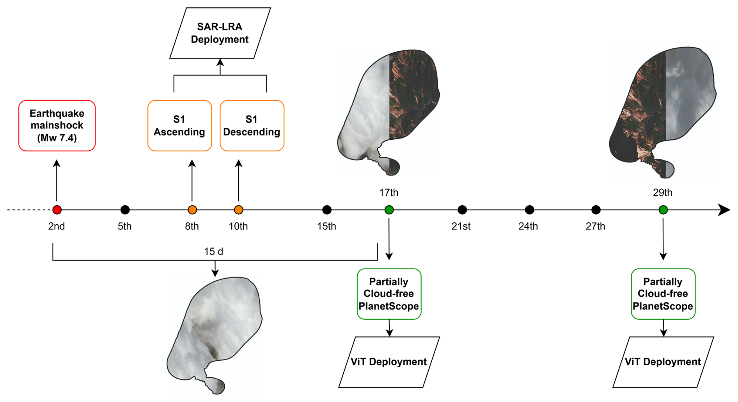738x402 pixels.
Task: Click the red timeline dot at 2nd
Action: point(57,210)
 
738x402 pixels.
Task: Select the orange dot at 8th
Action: point(192,210)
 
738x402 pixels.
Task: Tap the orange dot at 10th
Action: point(239,210)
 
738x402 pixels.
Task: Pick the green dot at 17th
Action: point(389,210)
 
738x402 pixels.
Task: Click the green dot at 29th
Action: point(663,210)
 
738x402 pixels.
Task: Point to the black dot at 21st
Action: point(462,210)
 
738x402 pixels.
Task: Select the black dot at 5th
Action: point(125,210)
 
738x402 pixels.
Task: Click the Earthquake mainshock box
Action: point(57,126)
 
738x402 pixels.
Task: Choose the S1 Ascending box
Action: point(179,126)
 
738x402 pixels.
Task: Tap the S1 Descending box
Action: point(252,126)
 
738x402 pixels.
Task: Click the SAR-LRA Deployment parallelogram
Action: point(220,33)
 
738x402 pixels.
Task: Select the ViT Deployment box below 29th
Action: point(663,362)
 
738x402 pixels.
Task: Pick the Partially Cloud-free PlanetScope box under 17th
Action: point(389,294)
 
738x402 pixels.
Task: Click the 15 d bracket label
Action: point(214,251)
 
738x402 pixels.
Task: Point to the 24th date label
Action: point(528,226)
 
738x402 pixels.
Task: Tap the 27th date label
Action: point(595,226)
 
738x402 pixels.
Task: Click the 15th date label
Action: point(326,226)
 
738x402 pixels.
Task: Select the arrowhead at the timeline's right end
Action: point(725,210)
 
